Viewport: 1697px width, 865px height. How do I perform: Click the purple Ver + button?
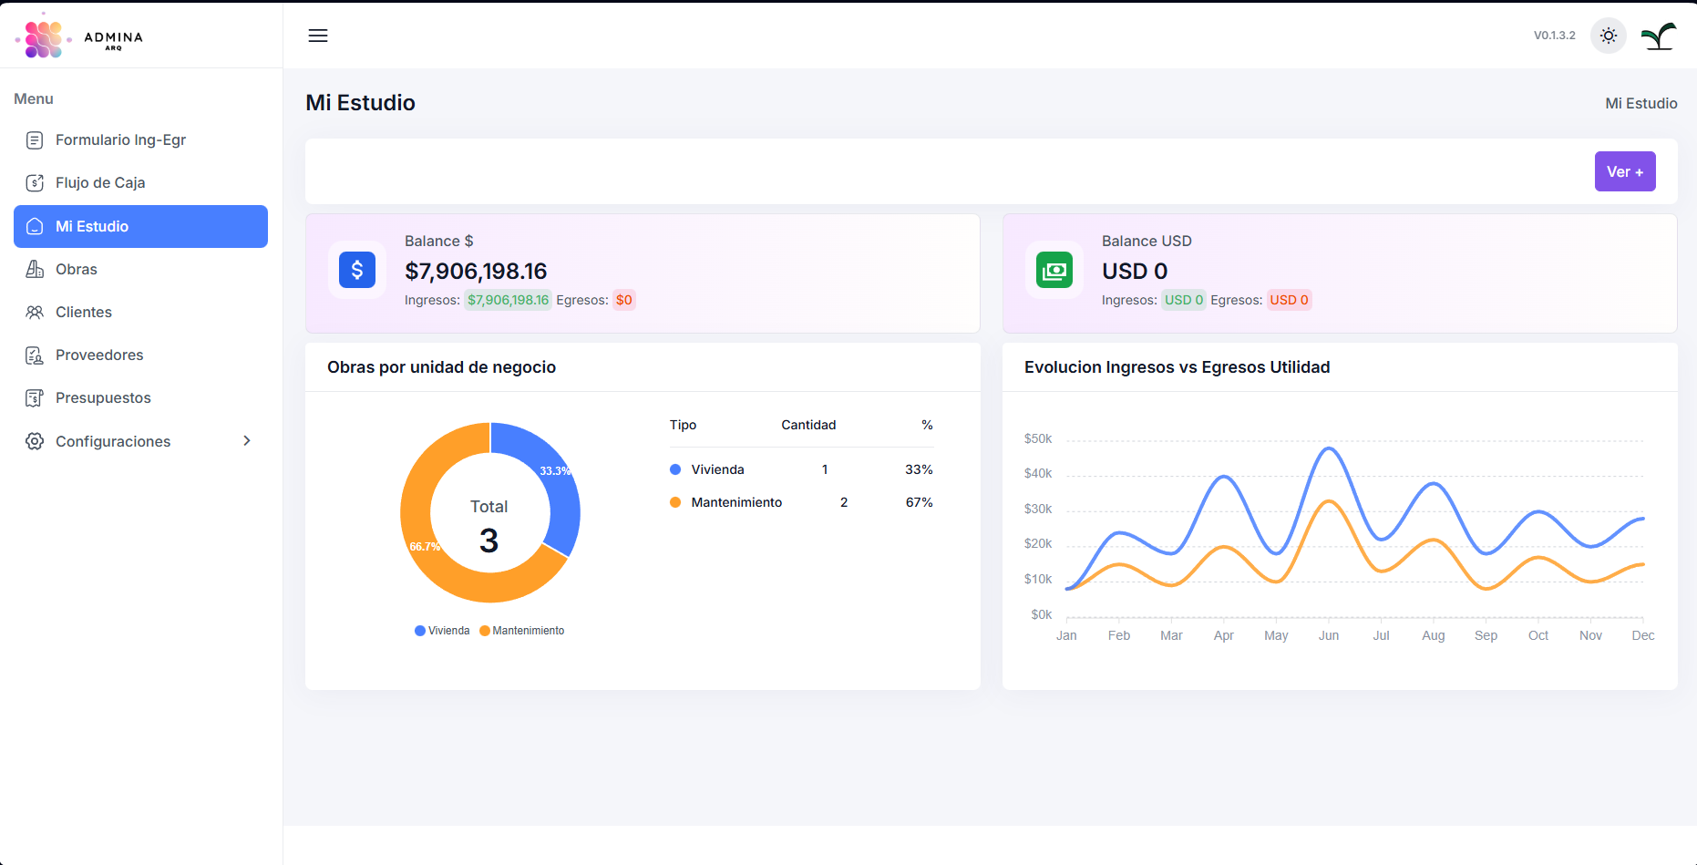[1624, 171]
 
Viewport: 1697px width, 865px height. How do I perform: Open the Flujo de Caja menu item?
[100, 182]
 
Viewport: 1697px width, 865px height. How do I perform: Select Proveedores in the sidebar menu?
[99, 355]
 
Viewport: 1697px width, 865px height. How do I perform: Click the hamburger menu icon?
[318, 36]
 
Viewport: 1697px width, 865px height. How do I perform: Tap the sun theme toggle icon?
[1609, 36]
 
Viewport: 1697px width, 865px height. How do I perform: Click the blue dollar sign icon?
[357, 270]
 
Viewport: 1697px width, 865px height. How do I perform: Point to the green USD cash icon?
[1054, 270]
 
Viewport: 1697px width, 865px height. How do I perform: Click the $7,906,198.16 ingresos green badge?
[508, 300]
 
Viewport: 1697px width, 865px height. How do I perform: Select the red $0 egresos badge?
[624, 300]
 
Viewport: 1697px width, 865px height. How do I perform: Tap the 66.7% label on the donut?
[425, 547]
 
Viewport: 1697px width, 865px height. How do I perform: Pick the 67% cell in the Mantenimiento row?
[919, 502]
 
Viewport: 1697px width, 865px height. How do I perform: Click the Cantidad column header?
[808, 425]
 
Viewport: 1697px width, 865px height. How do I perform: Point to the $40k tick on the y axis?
[1038, 474]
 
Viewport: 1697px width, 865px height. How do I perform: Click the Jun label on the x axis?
[1329, 635]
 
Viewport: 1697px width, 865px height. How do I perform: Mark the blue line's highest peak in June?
[1330, 448]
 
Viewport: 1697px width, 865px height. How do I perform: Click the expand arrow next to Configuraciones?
[247, 441]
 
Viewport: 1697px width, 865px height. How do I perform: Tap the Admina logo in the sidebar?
[80, 36]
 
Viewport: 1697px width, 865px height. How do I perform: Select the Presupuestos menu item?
[103, 397]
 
